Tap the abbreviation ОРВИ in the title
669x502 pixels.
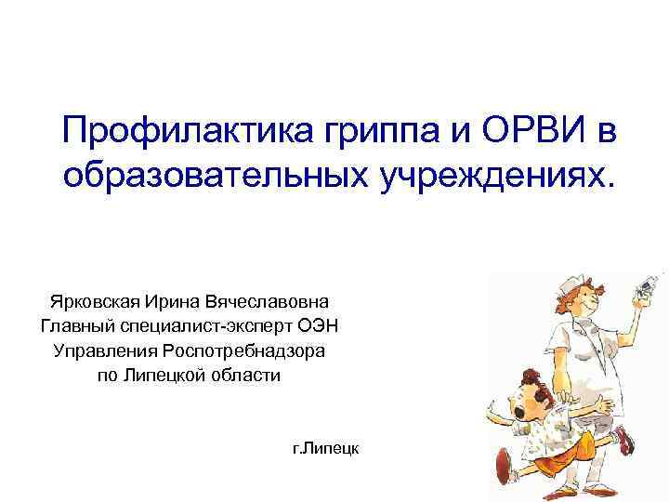click(x=518, y=133)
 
